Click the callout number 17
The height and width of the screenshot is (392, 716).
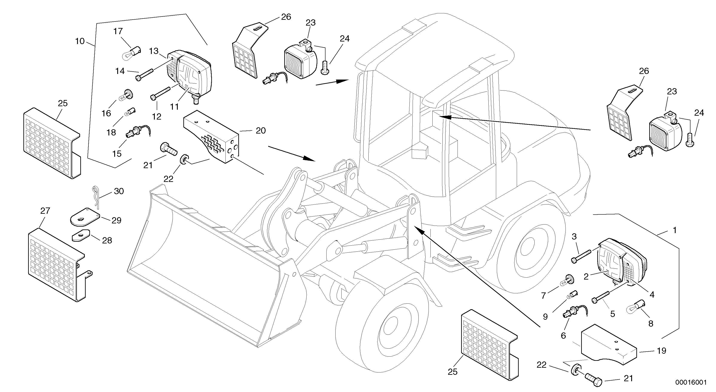coord(118,31)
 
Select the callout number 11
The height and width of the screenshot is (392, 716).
coord(174,106)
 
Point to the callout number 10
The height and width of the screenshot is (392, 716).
coord(80,41)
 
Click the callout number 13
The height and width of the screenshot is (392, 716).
coord(154,51)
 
